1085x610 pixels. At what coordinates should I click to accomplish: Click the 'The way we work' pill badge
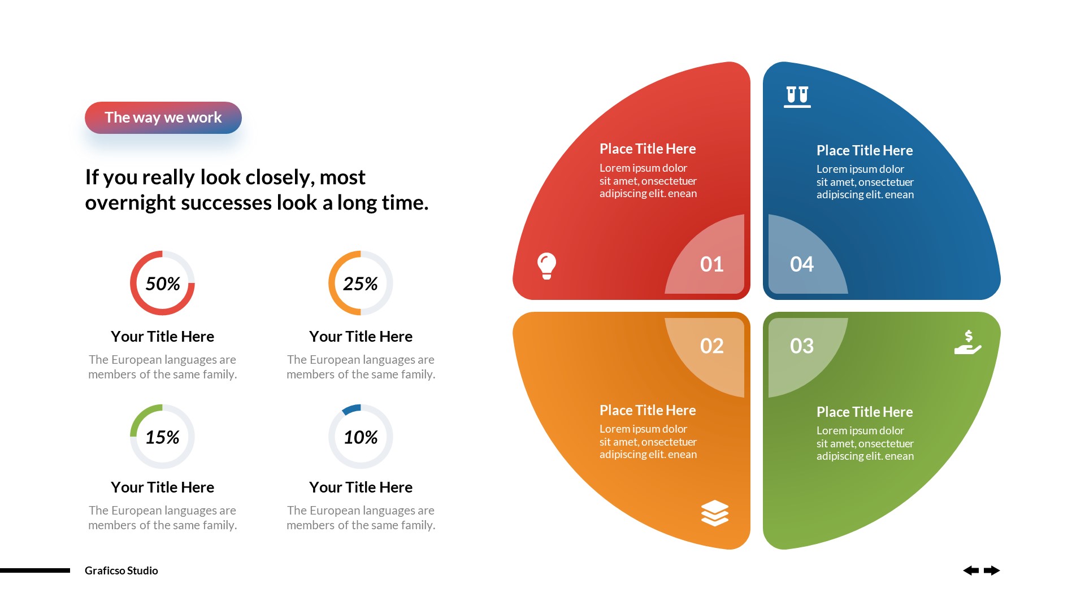[163, 117]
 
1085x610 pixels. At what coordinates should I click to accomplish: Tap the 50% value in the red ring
[163, 284]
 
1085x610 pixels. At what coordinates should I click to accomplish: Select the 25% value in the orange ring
[361, 284]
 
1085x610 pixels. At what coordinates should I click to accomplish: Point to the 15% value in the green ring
[163, 437]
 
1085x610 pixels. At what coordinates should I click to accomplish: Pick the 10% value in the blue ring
[361, 437]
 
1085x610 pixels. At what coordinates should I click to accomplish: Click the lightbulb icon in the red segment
[546, 265]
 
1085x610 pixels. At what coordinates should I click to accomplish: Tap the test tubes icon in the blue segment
[797, 96]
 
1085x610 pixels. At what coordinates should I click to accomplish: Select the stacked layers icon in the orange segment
[715, 513]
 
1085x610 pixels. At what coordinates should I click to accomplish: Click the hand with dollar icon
[967, 343]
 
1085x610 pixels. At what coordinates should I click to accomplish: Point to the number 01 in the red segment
[711, 264]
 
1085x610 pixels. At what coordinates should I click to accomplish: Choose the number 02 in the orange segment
[711, 346]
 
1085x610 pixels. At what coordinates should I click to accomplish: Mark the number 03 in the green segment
[802, 346]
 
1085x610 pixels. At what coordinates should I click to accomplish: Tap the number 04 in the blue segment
[802, 264]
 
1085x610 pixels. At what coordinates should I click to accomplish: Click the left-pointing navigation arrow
[971, 570]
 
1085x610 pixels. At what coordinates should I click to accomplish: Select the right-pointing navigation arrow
[992, 570]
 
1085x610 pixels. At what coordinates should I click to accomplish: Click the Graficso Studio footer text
[121, 570]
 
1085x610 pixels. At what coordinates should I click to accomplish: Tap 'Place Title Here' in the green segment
[865, 412]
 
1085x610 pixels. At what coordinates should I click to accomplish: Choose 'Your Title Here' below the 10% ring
[361, 487]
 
